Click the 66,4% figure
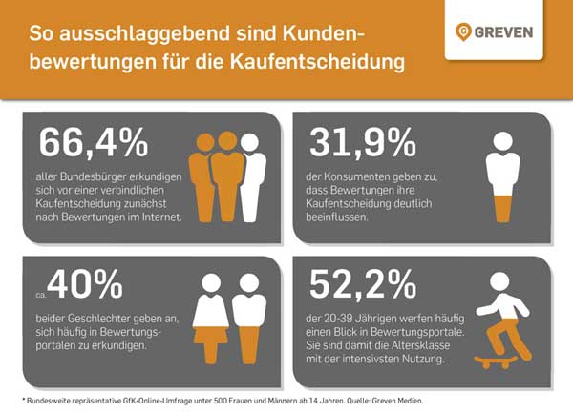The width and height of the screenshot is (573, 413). pos(94,142)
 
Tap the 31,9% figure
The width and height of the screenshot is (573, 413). pos(364,142)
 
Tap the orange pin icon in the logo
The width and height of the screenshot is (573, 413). pos(465,31)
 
